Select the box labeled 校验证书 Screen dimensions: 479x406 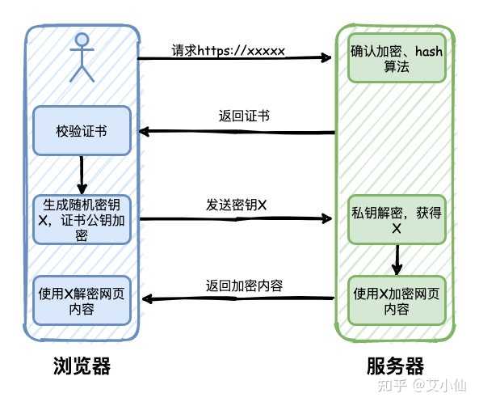pyautogui.click(x=82, y=131)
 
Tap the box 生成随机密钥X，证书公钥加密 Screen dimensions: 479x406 pyautogui.click(x=82, y=220)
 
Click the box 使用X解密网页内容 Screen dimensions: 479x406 pyautogui.click(x=82, y=301)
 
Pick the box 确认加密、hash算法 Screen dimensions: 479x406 pyautogui.click(x=397, y=58)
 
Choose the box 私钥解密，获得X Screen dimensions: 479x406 pyautogui.click(x=397, y=220)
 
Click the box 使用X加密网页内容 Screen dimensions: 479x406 pyautogui.click(x=397, y=301)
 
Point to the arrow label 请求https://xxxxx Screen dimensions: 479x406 pyautogui.click(x=228, y=50)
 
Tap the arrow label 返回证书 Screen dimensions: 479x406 pyautogui.click(x=244, y=116)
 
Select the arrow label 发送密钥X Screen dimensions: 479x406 pyautogui.click(x=237, y=205)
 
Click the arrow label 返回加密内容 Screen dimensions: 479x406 pyautogui.click(x=244, y=285)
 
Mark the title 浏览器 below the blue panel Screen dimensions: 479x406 pyautogui.click(x=82, y=366)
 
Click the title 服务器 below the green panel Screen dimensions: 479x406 pyautogui.click(x=395, y=366)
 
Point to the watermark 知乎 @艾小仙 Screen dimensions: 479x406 pyautogui.click(x=422, y=385)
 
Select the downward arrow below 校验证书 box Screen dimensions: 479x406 pyautogui.click(x=82, y=175)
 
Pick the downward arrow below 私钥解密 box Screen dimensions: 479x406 pyautogui.click(x=397, y=260)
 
